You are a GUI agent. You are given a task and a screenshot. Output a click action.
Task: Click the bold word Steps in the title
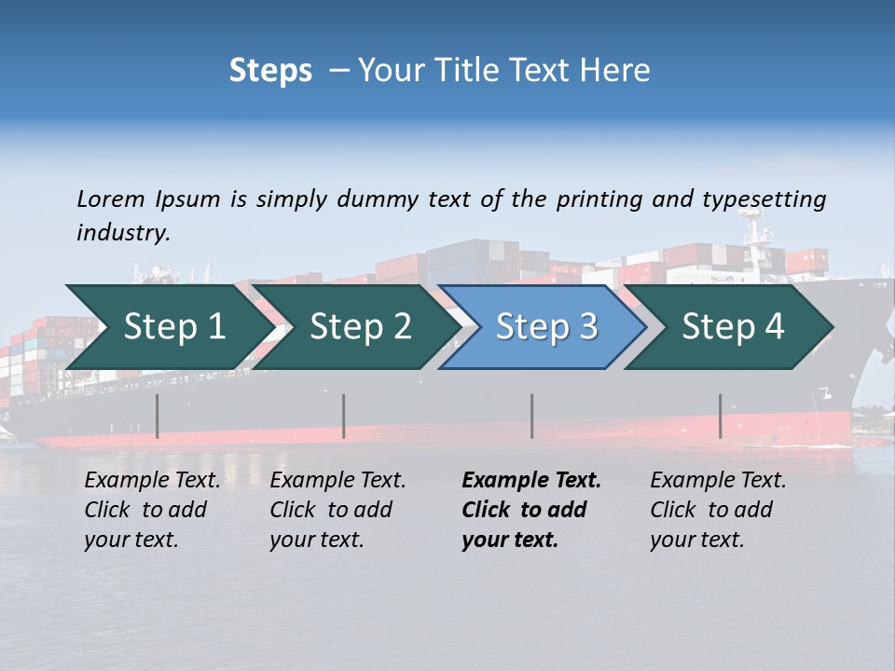[270, 71]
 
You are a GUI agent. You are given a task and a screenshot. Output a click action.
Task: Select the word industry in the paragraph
[123, 233]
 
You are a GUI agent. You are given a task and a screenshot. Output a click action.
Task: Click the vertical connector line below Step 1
[158, 416]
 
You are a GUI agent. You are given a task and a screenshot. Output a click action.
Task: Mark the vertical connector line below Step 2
[344, 416]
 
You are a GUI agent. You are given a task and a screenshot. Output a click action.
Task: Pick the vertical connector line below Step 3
[532, 416]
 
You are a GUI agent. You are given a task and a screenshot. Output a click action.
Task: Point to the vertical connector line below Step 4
[720, 416]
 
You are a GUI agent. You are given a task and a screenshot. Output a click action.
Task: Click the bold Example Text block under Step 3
[531, 510]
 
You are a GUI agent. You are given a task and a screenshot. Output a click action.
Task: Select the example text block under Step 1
[152, 510]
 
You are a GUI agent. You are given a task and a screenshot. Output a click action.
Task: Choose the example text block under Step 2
[337, 510]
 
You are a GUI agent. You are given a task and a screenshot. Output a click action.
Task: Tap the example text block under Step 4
[718, 510]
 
